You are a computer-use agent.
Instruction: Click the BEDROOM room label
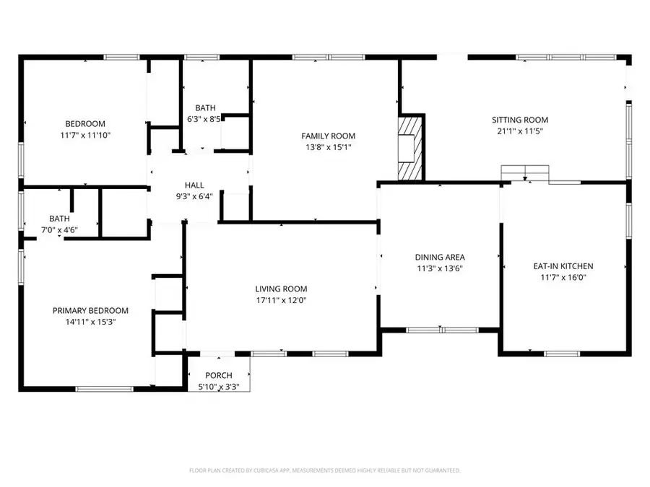85,123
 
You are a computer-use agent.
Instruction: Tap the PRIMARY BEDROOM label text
90,311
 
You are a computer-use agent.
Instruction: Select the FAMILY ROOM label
328,136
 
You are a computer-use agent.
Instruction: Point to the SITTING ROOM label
520,120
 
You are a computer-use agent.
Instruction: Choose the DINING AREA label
439,257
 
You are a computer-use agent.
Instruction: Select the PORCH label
219,375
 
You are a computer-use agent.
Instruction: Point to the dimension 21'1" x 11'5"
520,131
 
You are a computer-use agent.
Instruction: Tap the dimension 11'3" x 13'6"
439,268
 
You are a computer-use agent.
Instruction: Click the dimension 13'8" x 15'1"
328,147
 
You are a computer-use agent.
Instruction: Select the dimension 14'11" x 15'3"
90,323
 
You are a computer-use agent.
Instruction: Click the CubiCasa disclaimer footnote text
324,470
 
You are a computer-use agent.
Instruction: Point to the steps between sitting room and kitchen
525,173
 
